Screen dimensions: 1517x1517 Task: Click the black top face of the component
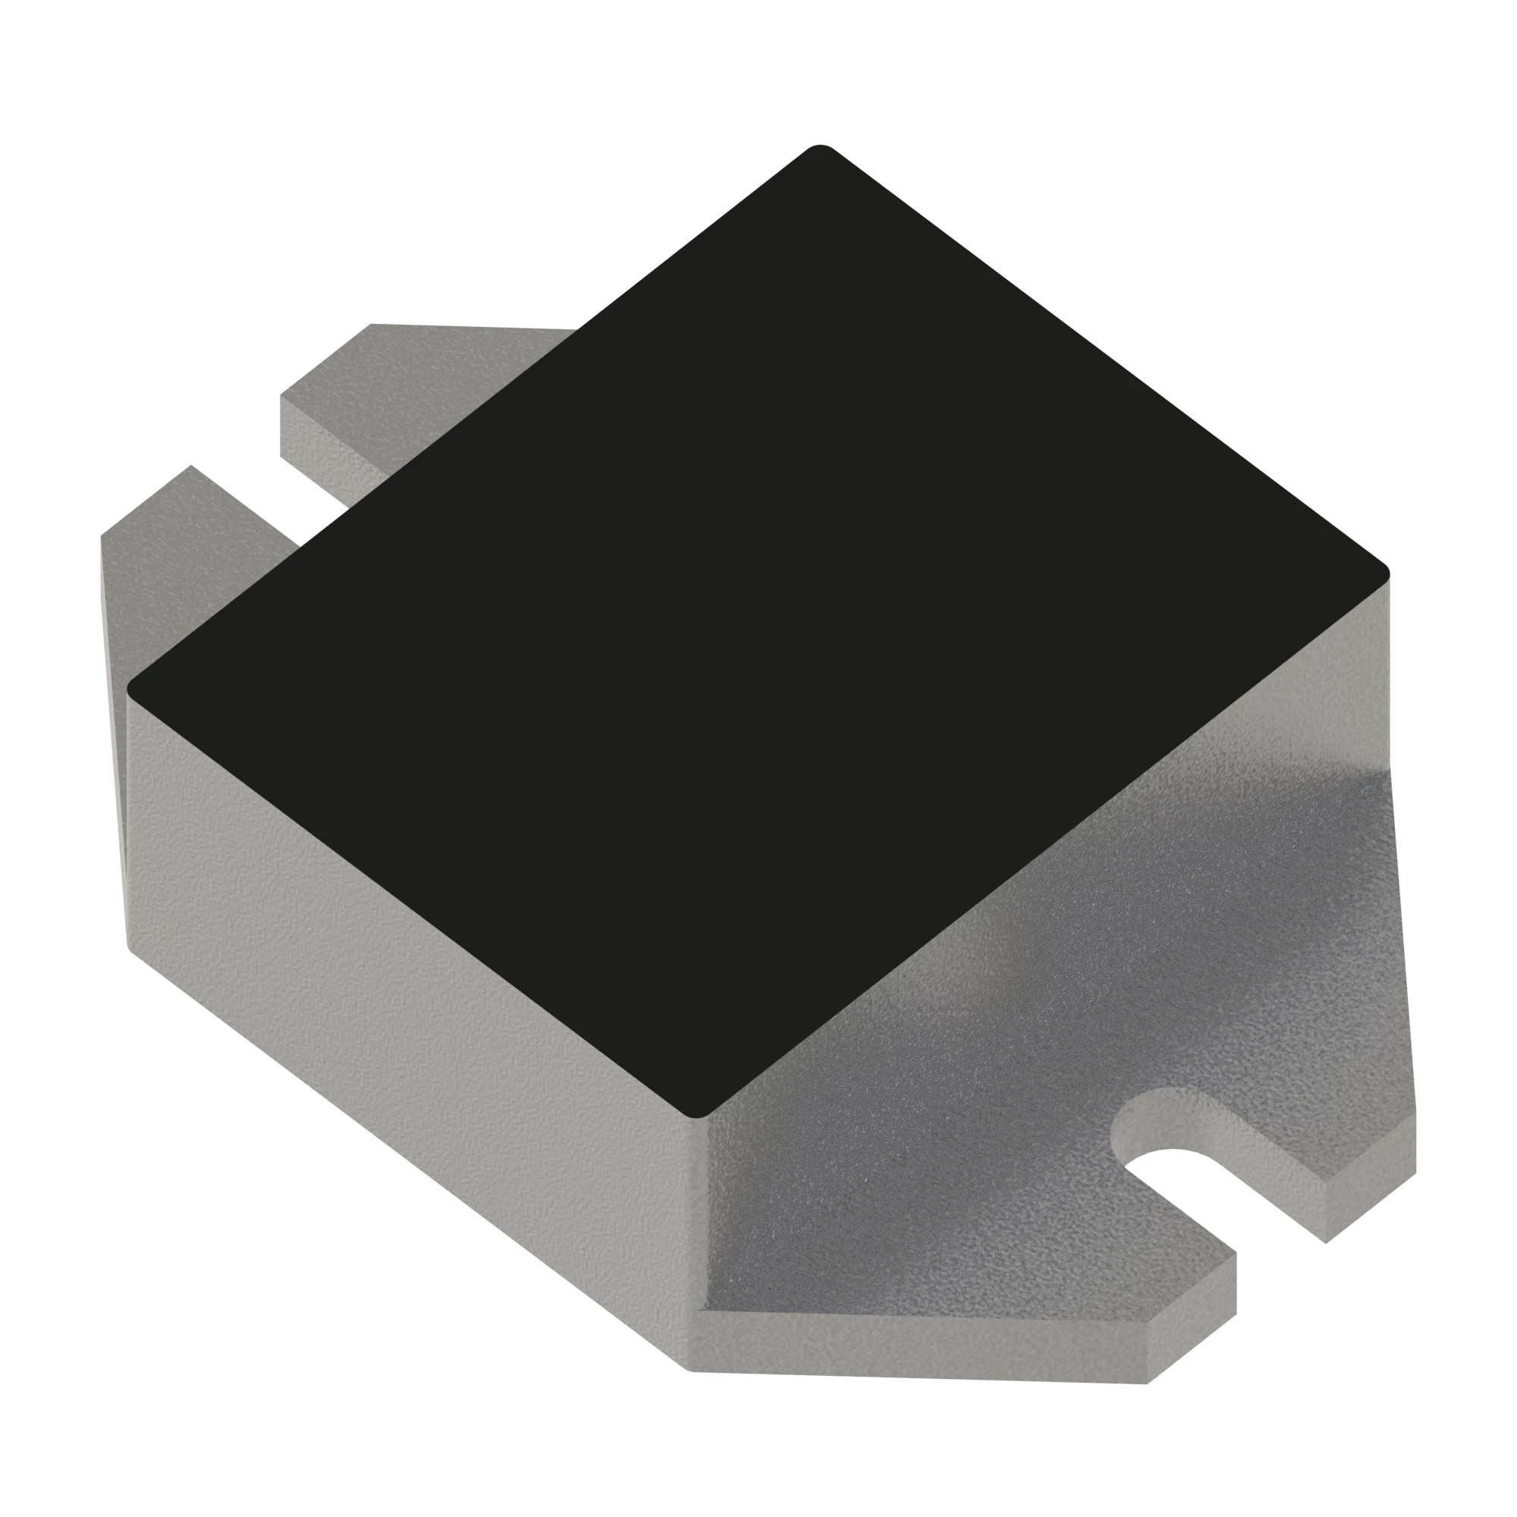[x=754, y=612]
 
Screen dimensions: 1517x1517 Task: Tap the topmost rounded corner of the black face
[x=819, y=149]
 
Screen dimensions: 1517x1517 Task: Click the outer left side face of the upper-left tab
[x=114, y=707]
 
